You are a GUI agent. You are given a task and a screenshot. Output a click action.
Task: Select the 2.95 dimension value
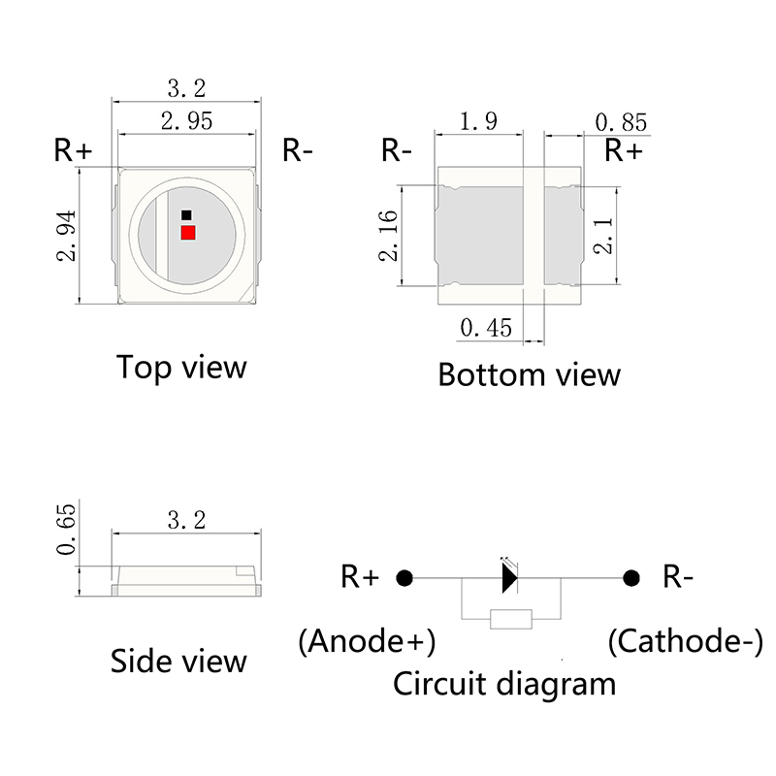click(186, 121)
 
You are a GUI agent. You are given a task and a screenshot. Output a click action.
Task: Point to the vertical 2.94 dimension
click(68, 237)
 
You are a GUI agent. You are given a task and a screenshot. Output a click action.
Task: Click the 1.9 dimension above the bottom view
click(478, 121)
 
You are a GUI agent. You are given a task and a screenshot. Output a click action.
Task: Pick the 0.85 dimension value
click(621, 123)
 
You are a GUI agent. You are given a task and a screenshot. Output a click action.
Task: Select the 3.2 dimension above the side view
click(186, 520)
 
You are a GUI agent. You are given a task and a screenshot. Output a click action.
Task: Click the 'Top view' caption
click(181, 368)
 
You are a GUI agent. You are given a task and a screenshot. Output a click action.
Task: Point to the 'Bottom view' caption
click(529, 374)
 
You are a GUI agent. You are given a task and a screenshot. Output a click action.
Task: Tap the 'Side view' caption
click(178, 662)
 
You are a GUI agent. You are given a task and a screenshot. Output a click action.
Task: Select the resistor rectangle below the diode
click(510, 618)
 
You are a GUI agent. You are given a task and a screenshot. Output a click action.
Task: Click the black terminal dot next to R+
click(404, 578)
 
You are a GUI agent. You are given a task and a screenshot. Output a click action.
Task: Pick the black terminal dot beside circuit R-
click(631, 578)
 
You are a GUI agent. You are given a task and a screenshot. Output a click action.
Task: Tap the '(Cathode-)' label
click(685, 641)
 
